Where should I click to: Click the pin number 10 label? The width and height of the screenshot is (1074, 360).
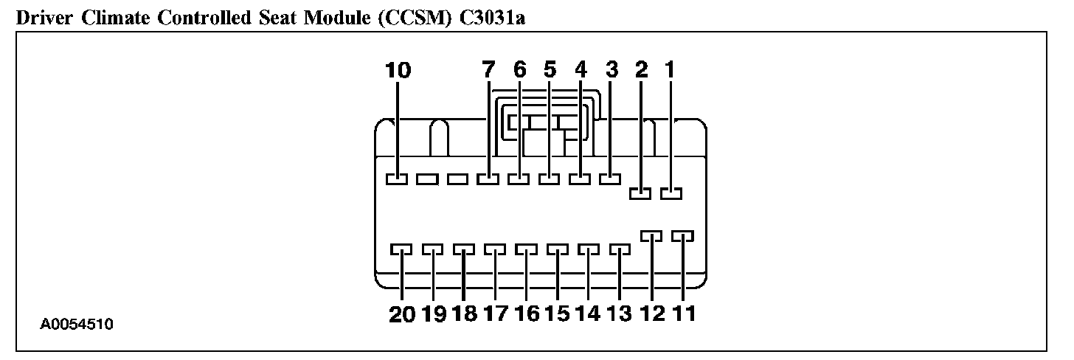tap(398, 70)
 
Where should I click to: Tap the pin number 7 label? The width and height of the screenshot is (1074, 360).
tap(488, 70)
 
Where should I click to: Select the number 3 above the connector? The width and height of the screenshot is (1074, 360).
tap(611, 70)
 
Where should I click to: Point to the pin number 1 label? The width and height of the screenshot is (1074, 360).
tap(671, 70)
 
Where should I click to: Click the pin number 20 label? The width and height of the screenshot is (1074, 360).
tap(402, 314)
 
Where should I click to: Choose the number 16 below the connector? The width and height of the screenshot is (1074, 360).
tap(527, 314)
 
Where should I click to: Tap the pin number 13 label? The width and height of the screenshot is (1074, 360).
tap(620, 314)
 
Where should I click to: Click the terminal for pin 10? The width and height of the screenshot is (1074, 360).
tap(397, 179)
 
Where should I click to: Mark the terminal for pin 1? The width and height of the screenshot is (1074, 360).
tap(671, 193)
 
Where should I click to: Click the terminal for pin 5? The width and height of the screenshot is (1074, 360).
tap(549, 179)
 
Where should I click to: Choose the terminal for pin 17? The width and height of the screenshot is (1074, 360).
tap(495, 250)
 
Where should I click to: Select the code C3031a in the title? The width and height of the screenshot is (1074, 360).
tap(493, 18)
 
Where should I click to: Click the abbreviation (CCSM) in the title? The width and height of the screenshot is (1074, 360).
tap(415, 18)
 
